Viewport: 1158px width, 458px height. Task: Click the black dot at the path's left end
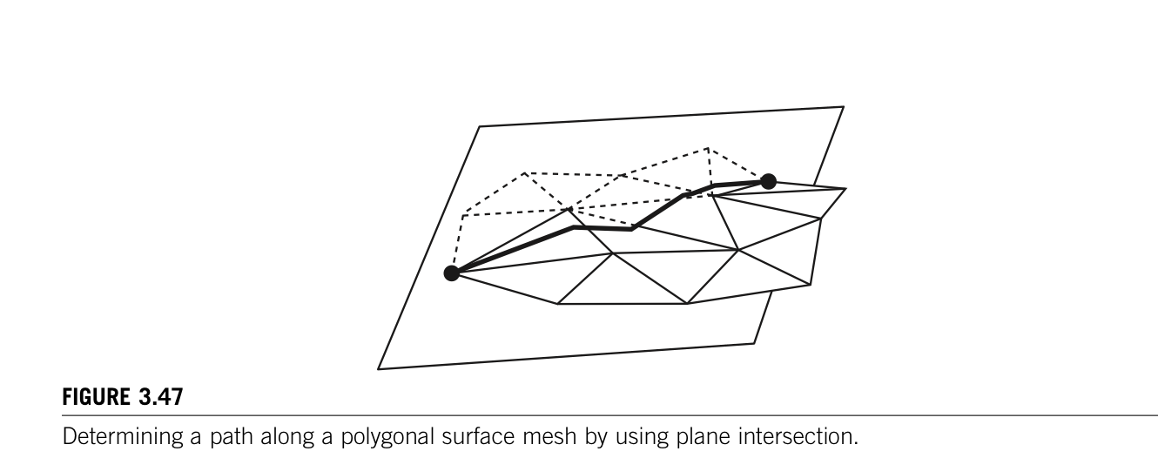[x=451, y=273]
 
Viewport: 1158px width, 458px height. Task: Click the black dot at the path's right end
[x=768, y=181]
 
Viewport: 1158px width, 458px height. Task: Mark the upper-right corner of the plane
[x=843, y=107]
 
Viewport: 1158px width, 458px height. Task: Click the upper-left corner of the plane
[x=480, y=127]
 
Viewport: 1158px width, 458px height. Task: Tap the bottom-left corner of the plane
[x=379, y=369]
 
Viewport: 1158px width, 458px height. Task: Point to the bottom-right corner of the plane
[x=754, y=343]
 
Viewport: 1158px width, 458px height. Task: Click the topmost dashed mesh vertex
[x=707, y=148]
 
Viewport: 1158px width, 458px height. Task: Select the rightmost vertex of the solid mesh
[x=845, y=189]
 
